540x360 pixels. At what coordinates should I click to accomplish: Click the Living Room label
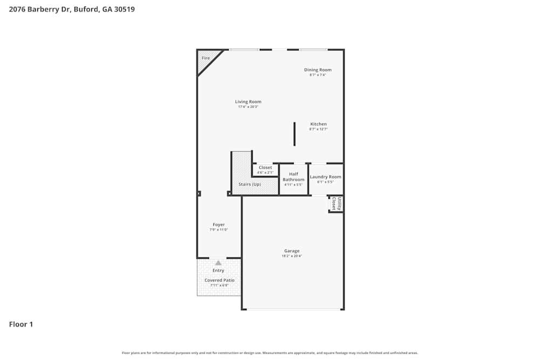pos(248,101)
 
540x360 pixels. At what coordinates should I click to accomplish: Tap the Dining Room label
pos(318,70)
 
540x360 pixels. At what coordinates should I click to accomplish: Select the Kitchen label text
pos(318,124)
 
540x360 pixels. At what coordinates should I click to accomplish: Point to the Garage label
pos(292,251)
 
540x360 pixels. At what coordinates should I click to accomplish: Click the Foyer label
pos(218,225)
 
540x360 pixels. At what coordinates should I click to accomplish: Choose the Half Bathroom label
pos(293,176)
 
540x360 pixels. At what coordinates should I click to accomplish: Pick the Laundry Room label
pos(325,177)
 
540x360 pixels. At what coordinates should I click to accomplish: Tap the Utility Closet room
pos(336,204)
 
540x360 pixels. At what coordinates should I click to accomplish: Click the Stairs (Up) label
pos(249,185)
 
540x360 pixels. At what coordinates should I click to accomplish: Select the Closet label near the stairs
pos(265,167)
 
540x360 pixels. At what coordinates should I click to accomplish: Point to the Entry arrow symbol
pos(218,263)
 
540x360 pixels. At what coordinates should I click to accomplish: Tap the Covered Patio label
pos(219,280)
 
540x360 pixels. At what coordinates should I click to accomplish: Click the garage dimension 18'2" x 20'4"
pos(292,256)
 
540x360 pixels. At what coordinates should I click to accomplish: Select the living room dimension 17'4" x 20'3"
pos(248,107)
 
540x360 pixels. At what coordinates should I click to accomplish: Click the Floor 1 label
pos(21,324)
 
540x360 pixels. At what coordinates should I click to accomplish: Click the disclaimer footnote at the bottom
pos(270,353)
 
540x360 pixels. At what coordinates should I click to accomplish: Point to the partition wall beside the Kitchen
pos(294,134)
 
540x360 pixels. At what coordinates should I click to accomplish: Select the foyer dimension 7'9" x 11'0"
pos(218,230)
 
